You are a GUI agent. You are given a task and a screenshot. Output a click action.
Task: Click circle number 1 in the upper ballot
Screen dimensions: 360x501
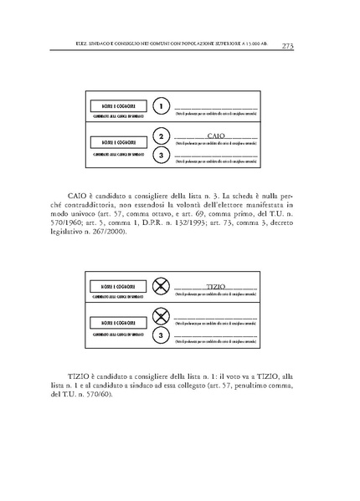[x=162, y=106]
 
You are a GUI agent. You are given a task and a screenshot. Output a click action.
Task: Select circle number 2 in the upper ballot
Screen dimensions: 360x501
[x=162, y=136]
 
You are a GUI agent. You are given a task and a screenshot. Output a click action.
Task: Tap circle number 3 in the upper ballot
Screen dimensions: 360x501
[x=162, y=156]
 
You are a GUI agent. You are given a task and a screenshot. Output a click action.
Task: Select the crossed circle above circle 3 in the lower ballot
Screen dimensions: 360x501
[x=162, y=317]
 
